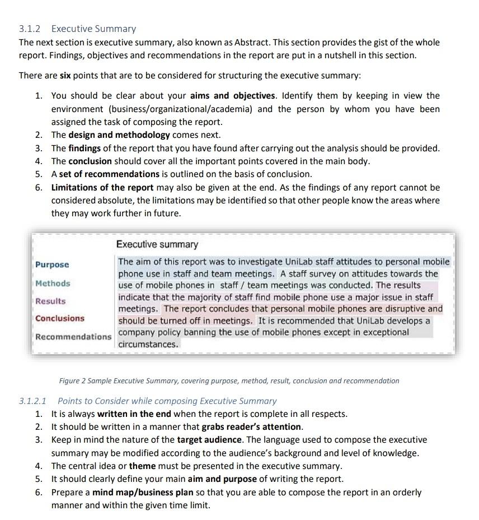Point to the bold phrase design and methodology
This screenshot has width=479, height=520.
coord(119,135)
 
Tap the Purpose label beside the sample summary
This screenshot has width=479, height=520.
coord(52,264)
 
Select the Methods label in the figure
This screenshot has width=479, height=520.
coord(53,283)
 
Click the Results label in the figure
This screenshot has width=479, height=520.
coord(50,301)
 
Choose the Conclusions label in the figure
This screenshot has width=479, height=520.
coord(60,318)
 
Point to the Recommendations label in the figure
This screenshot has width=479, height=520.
coord(73,337)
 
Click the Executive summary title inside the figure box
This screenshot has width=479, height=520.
coord(157,244)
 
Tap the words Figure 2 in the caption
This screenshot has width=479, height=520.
coord(73,381)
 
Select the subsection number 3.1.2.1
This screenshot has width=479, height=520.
coord(33,401)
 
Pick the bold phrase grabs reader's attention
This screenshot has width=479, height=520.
coord(252,427)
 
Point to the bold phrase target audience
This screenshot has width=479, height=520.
coord(209,440)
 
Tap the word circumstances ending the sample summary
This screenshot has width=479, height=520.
coord(148,345)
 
